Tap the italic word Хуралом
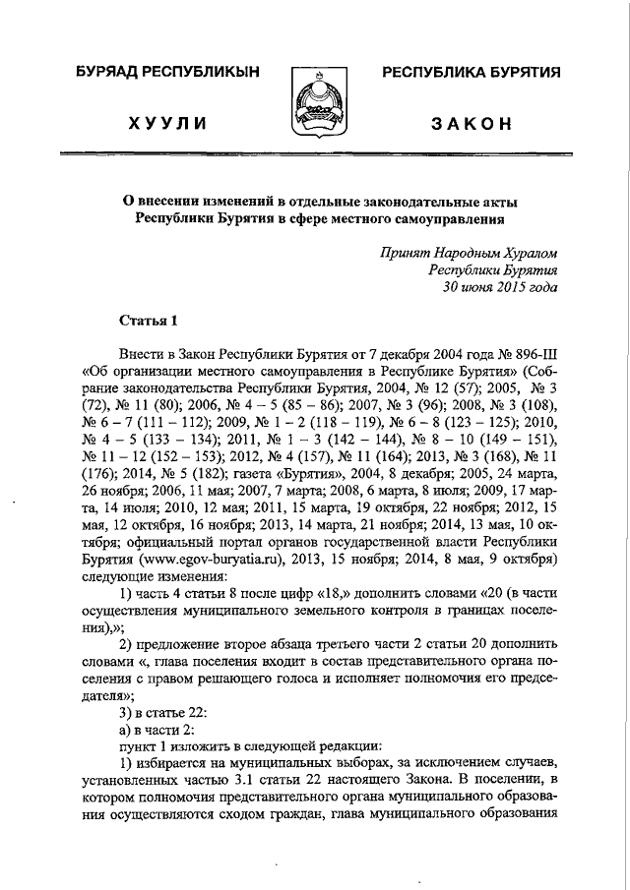[x=528, y=253]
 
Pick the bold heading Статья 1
[x=148, y=321]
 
